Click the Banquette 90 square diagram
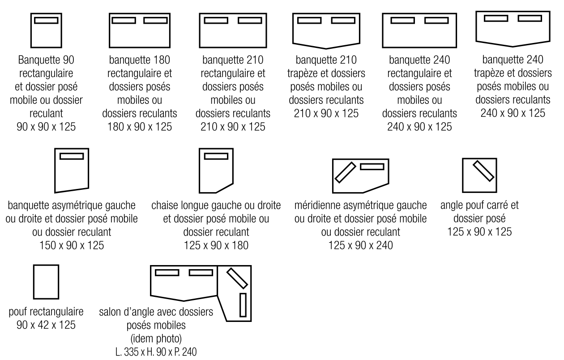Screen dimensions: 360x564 46,31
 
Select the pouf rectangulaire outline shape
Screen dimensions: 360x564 46,282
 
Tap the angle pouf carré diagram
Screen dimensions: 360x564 479,175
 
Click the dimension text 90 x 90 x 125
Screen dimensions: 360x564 47,127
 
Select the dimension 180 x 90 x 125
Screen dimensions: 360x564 140,127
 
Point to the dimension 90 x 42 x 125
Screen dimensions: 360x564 47,323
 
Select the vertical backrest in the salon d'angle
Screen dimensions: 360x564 243,305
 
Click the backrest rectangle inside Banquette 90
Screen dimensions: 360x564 46,21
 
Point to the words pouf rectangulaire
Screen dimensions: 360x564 47,312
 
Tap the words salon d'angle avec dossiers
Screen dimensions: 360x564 155,312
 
